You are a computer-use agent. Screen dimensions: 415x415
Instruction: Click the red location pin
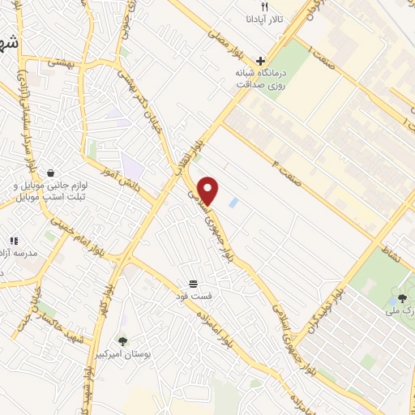coord(209,190)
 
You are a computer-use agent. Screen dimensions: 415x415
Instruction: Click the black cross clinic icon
coord(259,61)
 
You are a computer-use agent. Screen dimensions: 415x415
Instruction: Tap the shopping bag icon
coord(51,173)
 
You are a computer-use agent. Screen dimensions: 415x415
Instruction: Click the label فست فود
coord(194,297)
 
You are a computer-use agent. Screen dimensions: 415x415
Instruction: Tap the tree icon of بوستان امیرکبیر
coord(122,341)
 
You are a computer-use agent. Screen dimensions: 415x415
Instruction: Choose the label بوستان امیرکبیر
coord(122,355)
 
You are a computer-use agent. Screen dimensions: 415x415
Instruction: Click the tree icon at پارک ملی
coord(402,299)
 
